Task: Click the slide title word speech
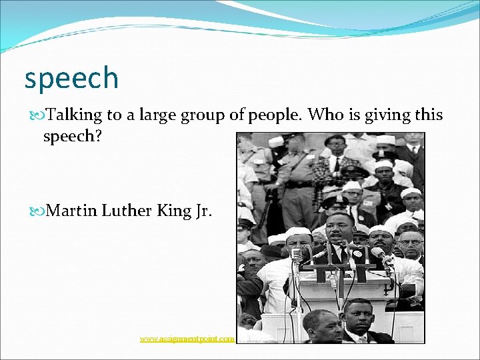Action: (x=71, y=78)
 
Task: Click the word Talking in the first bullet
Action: (x=74, y=115)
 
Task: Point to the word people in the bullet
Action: (x=276, y=115)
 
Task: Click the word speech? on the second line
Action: (x=73, y=137)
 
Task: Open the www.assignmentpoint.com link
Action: (x=187, y=339)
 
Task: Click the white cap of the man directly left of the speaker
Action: (x=299, y=231)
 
